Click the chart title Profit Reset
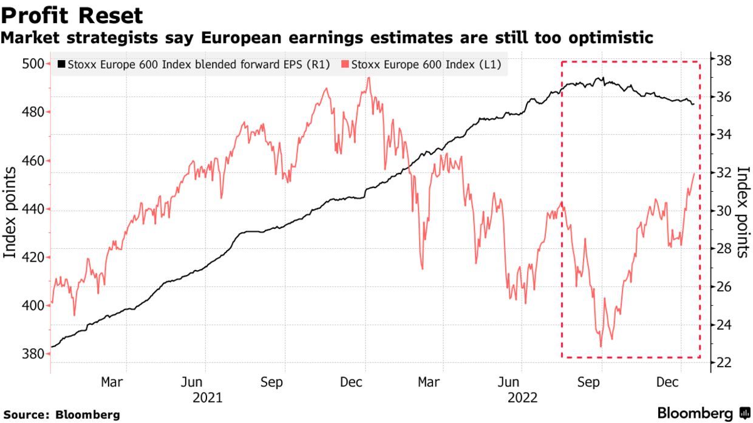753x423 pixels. (72, 15)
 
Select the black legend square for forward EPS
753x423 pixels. (61, 65)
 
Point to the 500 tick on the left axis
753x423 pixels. (34, 64)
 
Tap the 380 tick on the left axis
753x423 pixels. (34, 354)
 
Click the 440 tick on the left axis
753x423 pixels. (34, 209)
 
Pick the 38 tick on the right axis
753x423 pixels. (723, 60)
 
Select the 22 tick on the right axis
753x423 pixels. (723, 363)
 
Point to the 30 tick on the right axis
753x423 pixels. (723, 211)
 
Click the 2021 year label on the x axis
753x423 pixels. (206, 398)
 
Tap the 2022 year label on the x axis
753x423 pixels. (523, 398)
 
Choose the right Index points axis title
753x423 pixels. (742, 212)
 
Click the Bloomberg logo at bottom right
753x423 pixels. (704, 414)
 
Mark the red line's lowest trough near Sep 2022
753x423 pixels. (601, 347)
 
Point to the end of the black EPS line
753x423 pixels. (693, 104)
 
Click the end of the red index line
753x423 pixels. (694, 174)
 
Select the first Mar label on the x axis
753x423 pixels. (112, 382)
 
